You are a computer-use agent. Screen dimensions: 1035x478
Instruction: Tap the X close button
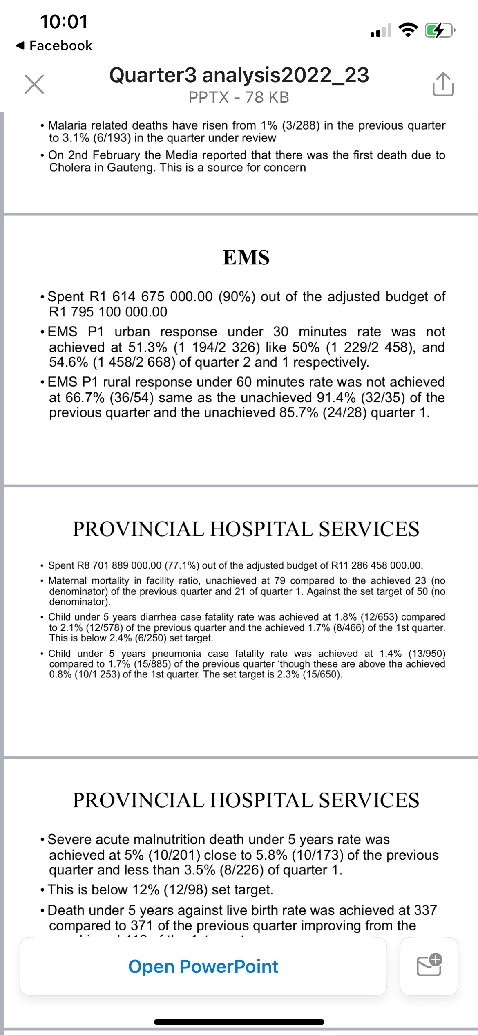34,84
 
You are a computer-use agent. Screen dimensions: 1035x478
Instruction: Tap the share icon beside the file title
443,84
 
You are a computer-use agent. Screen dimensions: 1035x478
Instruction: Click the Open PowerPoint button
203,966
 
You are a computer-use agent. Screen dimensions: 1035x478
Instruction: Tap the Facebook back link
54,46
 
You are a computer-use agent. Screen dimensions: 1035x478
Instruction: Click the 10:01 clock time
64,22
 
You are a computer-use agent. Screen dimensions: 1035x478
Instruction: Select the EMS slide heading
246,258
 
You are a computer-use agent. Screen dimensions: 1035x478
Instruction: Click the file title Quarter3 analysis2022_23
239,75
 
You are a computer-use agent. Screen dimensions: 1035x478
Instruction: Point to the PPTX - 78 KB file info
239,97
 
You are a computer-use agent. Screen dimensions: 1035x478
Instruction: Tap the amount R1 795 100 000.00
108,312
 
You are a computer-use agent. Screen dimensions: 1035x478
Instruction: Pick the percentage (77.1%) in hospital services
182,565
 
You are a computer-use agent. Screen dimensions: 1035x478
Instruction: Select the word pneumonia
176,654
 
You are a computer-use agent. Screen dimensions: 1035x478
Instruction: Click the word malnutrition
181,839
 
